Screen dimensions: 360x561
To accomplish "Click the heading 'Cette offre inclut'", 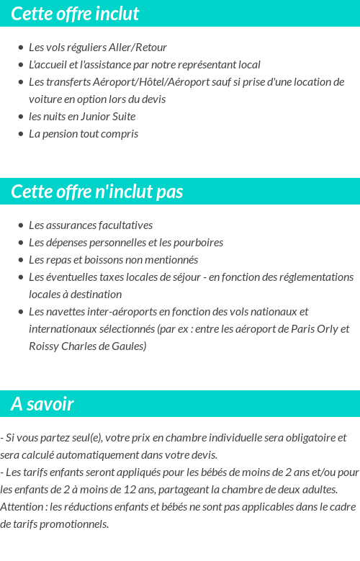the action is [75, 14].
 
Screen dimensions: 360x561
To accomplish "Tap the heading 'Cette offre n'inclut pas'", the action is [97, 192].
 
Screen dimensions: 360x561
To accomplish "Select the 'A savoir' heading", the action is [42, 404].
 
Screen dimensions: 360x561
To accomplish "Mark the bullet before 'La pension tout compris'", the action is [21, 134].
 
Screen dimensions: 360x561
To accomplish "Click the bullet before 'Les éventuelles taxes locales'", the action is [21, 277].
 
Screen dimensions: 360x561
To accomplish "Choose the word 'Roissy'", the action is [45, 346].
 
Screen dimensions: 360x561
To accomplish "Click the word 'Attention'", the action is [22, 507].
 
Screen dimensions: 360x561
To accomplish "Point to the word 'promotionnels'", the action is [76, 524].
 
